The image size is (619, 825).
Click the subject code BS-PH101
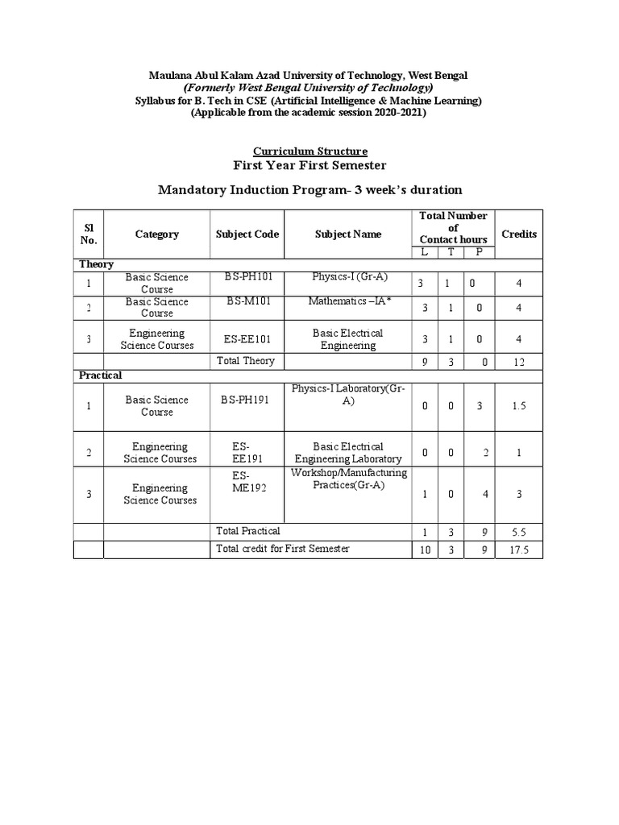point(250,277)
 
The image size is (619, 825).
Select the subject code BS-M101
point(248,301)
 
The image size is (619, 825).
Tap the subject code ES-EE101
point(247,339)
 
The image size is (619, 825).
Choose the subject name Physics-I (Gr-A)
point(350,277)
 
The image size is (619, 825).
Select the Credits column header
point(519,234)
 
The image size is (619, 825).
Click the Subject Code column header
point(247,234)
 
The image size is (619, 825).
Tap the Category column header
point(157,234)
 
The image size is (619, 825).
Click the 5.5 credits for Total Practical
point(519,533)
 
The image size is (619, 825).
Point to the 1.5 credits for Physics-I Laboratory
point(519,406)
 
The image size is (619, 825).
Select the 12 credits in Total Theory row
point(519,363)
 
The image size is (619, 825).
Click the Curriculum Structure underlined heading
point(310,151)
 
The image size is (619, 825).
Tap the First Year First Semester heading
point(309,166)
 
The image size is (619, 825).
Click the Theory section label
point(96,264)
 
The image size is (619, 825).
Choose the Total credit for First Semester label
point(283,549)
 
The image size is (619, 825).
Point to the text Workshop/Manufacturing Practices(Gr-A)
point(349,479)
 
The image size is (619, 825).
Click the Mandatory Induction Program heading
point(309,190)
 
